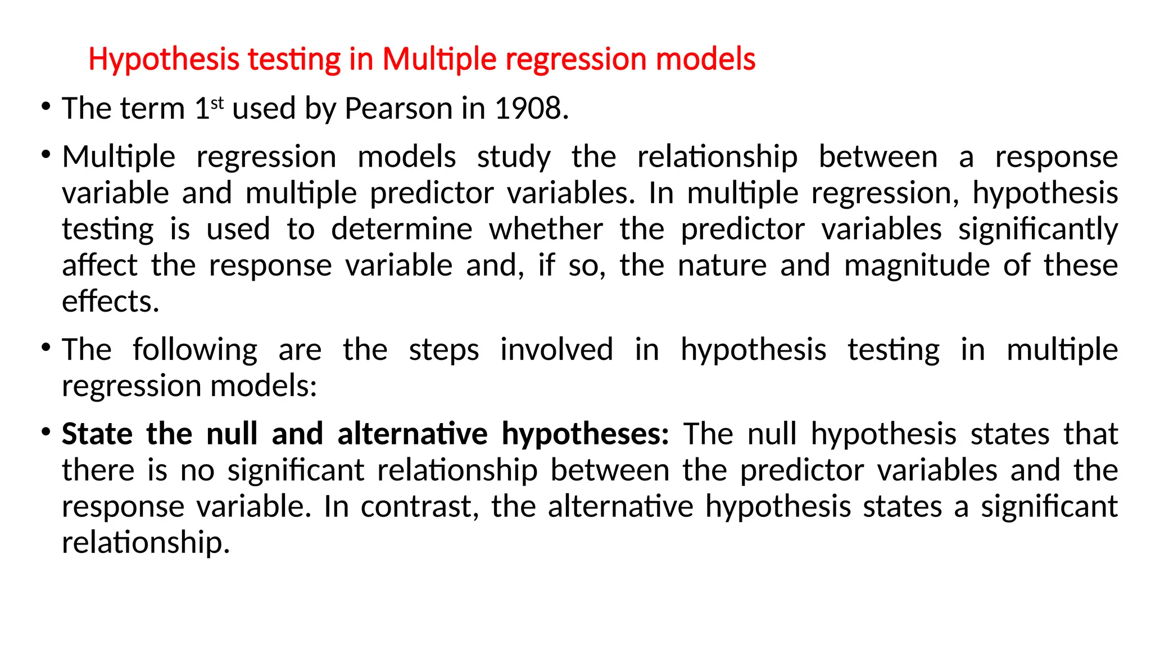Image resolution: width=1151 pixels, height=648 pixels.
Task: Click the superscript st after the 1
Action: pos(217,102)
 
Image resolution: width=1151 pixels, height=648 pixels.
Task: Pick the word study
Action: pos(514,157)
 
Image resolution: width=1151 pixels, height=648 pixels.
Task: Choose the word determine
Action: pos(402,229)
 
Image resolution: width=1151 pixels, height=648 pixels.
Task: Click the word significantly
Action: pos(1038,229)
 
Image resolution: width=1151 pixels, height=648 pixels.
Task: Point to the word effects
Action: pos(111,301)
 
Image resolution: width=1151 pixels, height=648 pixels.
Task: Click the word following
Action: pos(195,350)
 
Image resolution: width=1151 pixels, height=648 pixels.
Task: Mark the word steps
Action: pos(444,350)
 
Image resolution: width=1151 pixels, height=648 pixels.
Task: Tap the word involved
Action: pos(557,350)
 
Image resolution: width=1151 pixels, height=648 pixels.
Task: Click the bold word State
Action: pos(97,434)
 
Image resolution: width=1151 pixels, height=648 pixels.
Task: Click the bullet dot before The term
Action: pos(46,106)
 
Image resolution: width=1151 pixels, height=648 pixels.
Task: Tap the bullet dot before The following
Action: pos(46,347)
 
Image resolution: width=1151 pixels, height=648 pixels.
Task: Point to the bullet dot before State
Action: pos(46,431)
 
